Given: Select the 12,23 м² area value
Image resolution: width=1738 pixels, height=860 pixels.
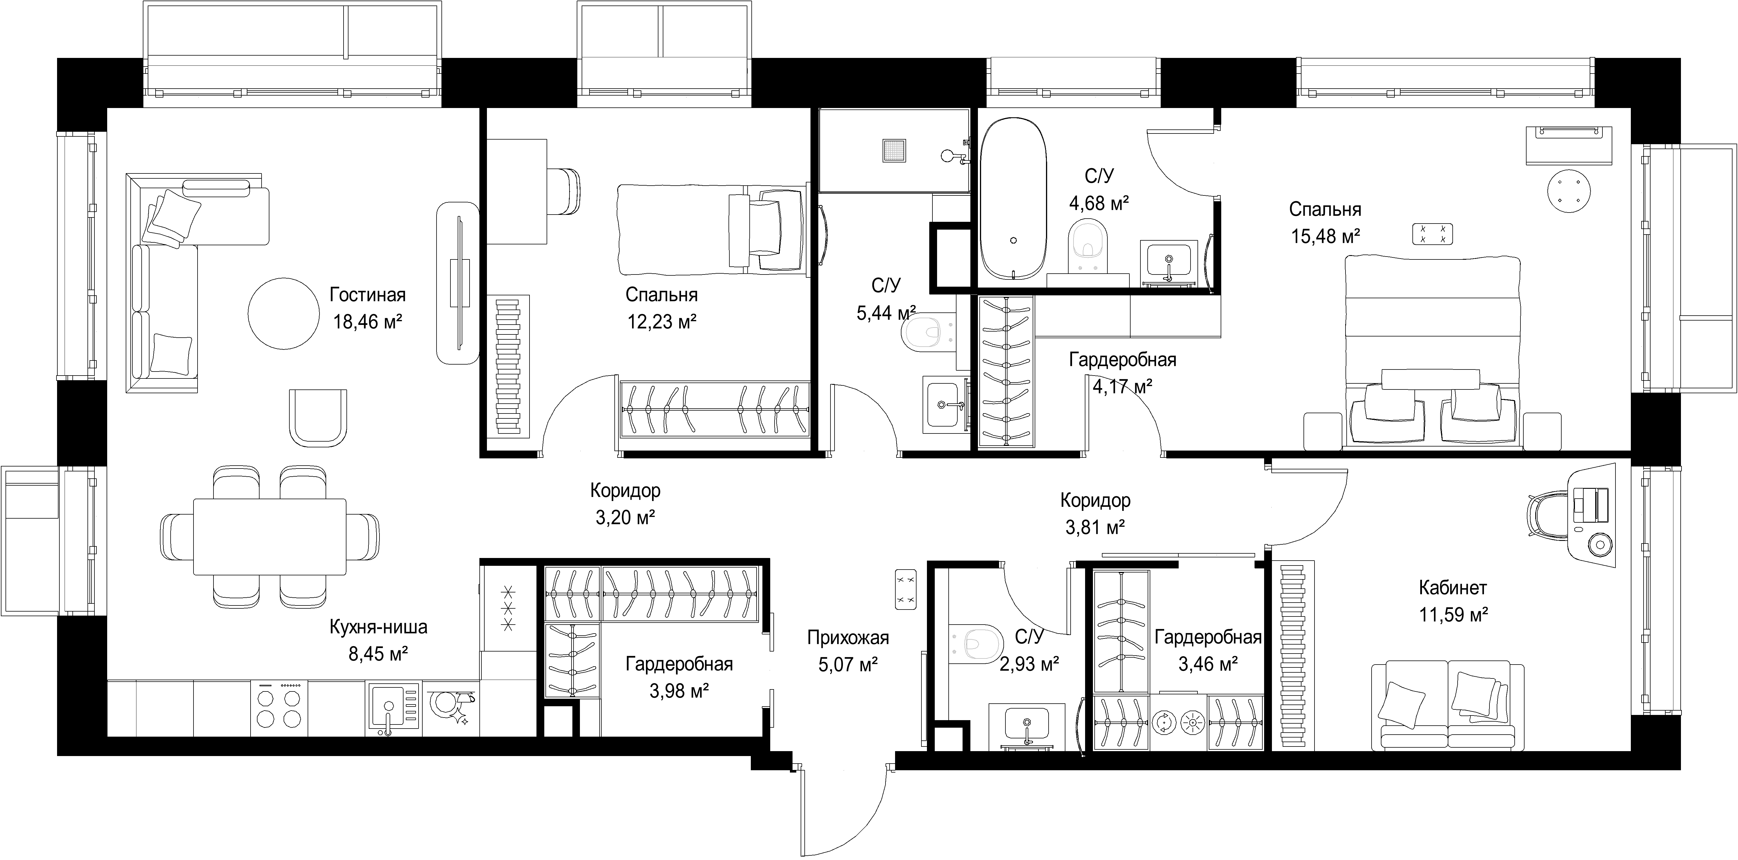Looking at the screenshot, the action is (x=662, y=322).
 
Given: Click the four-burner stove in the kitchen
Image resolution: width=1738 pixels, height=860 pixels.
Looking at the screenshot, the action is (x=279, y=708).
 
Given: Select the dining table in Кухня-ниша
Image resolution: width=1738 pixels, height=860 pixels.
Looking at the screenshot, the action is (x=270, y=536).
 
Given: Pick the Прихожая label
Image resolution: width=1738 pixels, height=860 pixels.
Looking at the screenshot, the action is (x=848, y=637).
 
